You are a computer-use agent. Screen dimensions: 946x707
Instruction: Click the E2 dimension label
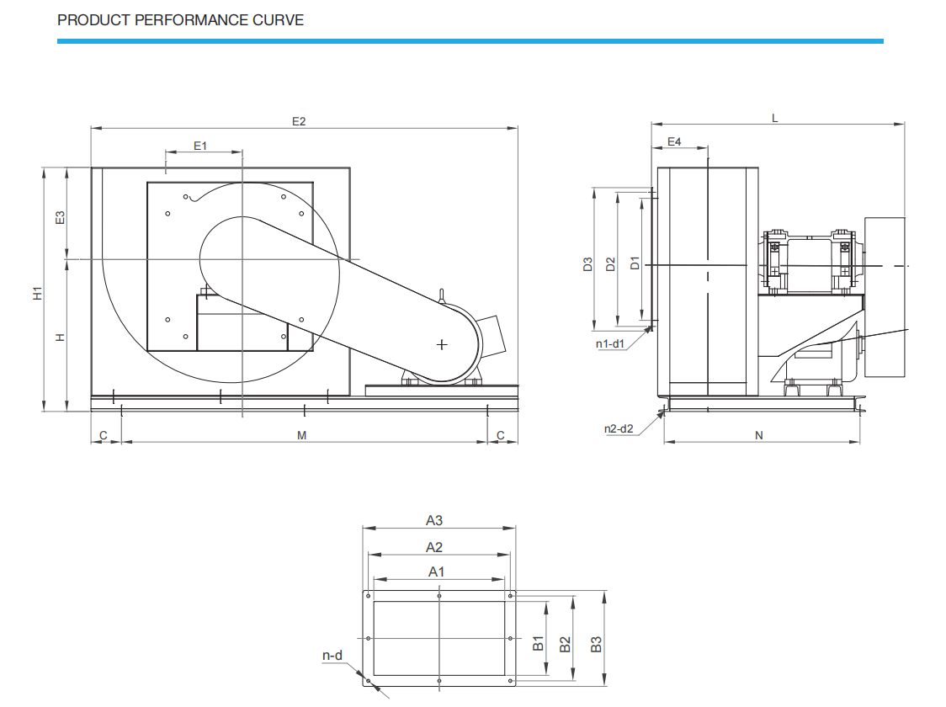tap(299, 121)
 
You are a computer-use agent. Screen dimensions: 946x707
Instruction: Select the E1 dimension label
tap(200, 146)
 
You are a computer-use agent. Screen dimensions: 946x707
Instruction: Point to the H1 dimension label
tap(38, 293)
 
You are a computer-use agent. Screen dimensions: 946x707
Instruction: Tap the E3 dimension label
tap(60, 218)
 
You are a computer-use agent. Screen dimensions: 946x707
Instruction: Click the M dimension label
tap(301, 435)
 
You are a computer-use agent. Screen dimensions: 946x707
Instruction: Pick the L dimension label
tap(775, 118)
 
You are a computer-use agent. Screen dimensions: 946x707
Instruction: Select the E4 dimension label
tap(674, 141)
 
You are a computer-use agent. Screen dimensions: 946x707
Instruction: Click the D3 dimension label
tap(588, 264)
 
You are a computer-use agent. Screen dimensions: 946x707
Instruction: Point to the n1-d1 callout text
tap(610, 344)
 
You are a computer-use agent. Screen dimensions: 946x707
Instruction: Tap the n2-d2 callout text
tap(619, 429)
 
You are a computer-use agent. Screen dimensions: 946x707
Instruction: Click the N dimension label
tap(759, 435)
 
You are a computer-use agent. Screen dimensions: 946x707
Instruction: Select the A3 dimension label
tap(434, 520)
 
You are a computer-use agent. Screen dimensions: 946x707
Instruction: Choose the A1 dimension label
tap(436, 571)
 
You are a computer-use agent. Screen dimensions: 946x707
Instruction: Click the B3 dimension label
tap(596, 644)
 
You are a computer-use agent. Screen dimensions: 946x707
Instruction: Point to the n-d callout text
tap(332, 656)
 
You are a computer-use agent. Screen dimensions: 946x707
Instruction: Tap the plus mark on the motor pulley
tap(442, 344)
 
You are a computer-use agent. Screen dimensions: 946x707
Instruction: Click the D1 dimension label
tap(635, 263)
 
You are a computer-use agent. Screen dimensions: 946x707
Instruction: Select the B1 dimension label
tap(538, 644)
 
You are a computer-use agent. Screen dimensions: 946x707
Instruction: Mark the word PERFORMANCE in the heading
tap(191, 20)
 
